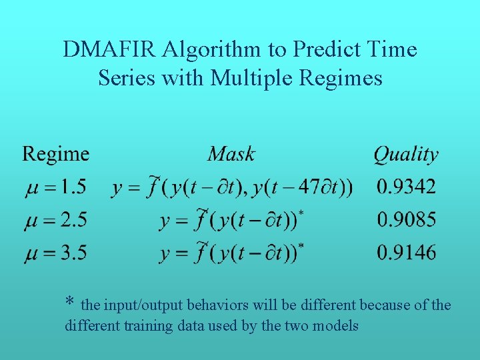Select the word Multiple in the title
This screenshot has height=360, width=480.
click(x=253, y=78)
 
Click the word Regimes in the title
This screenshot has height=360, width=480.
click(x=341, y=79)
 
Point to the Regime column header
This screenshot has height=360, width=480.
click(x=56, y=154)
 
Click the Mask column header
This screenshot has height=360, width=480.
click(x=231, y=154)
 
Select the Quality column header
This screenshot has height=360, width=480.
click(x=406, y=155)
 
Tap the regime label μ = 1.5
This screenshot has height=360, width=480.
click(x=57, y=187)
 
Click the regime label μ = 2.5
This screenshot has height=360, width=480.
click(x=57, y=219)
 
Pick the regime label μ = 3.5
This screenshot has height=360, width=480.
click(x=57, y=253)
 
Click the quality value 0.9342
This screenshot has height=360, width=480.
click(x=406, y=187)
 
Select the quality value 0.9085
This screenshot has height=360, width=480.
click(x=406, y=219)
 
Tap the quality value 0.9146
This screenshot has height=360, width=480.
click(x=406, y=253)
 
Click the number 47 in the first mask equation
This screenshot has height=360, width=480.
click(x=309, y=187)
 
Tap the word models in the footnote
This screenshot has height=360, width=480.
click(x=336, y=326)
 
